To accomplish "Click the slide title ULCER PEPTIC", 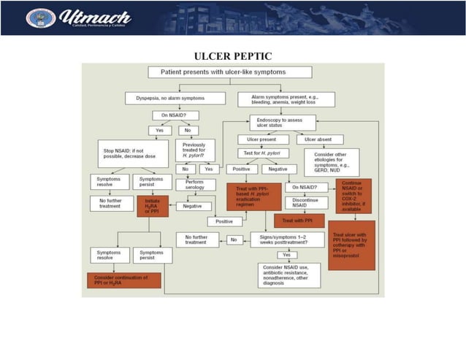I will click(x=233, y=56).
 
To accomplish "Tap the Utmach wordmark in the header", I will click(x=94, y=17).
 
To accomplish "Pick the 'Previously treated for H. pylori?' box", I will click(x=195, y=150).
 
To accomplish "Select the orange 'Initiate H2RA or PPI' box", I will click(x=152, y=206).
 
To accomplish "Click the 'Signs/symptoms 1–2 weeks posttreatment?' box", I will click(x=287, y=239).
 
